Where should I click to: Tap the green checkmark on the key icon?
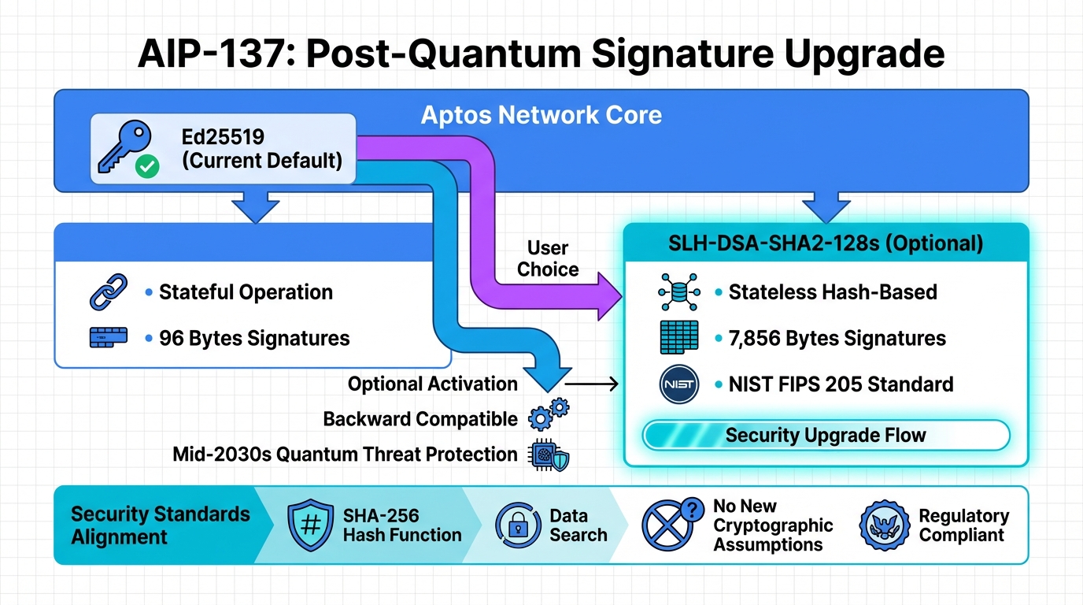click(147, 165)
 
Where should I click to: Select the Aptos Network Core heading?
click(541, 115)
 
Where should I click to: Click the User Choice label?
click(548, 258)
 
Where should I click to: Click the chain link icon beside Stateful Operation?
click(109, 292)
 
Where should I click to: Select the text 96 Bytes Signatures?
click(254, 339)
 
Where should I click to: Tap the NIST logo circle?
click(678, 384)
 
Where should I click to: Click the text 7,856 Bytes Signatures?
click(837, 339)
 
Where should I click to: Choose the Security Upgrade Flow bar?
click(826, 435)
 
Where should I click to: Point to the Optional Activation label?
click(432, 384)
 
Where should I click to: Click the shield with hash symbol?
click(310, 526)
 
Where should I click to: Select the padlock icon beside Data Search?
click(518, 525)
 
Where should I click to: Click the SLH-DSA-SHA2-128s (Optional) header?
click(826, 243)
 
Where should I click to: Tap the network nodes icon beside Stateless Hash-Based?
click(678, 293)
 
